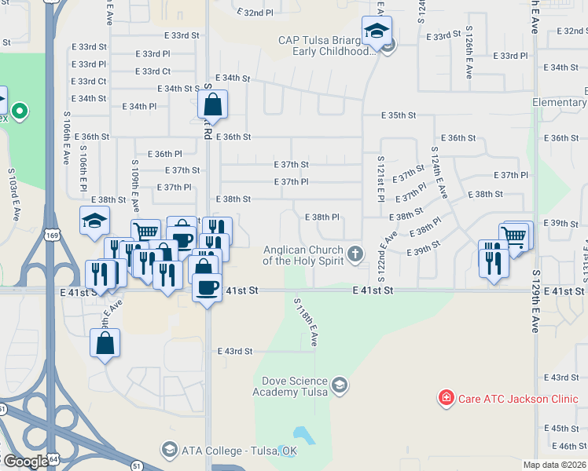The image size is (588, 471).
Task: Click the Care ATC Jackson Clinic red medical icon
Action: [446, 398]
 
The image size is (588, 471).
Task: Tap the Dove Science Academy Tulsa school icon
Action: [339, 385]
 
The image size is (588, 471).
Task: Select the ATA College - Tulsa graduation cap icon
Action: [169, 450]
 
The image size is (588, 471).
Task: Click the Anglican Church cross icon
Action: [356, 253]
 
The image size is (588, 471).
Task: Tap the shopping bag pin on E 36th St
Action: [212, 104]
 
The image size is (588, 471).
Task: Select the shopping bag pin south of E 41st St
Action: [105, 343]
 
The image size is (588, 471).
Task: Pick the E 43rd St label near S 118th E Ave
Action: [235, 351]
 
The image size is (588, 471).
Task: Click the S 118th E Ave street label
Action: [304, 322]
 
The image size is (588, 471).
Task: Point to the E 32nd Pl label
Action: [255, 13]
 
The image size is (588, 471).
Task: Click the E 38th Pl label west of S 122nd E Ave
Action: [321, 217]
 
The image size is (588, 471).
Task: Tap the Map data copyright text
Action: [553, 465]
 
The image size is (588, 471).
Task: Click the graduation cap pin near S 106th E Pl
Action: [94, 221]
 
